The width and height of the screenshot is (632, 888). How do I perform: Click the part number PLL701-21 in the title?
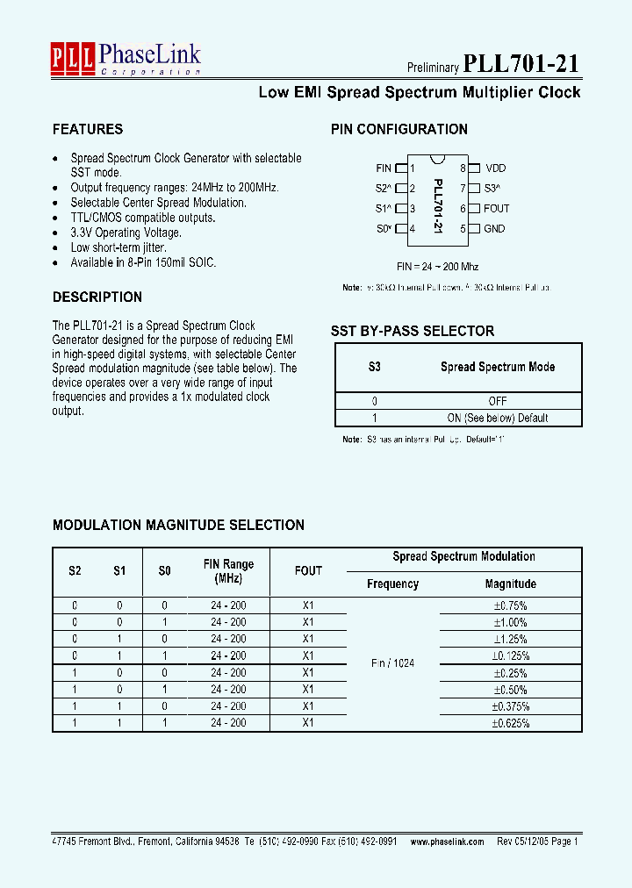coord(521,63)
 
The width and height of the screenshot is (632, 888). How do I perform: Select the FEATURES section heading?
coord(88,129)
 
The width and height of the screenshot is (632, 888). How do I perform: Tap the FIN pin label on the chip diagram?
coord(384,168)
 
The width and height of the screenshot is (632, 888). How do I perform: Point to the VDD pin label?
coord(495,168)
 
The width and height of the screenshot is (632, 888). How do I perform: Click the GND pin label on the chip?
coord(494,228)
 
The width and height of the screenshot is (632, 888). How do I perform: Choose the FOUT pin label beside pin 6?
coord(496,208)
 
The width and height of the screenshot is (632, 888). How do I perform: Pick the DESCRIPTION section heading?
coord(97,297)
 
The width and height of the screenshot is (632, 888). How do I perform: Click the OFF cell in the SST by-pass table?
coord(498,401)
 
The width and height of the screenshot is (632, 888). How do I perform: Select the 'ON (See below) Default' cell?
coord(498,418)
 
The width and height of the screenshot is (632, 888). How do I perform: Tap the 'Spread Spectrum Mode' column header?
coord(498,367)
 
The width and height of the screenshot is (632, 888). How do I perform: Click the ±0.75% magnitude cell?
coord(510,605)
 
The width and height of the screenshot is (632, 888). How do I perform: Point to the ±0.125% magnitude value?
coord(510,655)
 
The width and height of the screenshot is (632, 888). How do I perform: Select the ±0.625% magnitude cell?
coord(510,723)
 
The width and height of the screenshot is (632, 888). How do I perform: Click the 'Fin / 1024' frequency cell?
coord(392,663)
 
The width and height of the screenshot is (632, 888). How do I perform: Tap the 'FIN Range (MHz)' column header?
coord(228,571)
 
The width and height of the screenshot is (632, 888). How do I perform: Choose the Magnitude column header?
coord(510,584)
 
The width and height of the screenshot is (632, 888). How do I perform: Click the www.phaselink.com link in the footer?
coord(447,841)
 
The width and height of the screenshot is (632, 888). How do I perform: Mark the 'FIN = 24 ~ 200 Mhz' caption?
coord(437,266)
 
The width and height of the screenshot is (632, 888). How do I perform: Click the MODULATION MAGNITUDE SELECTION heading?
coord(178,525)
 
